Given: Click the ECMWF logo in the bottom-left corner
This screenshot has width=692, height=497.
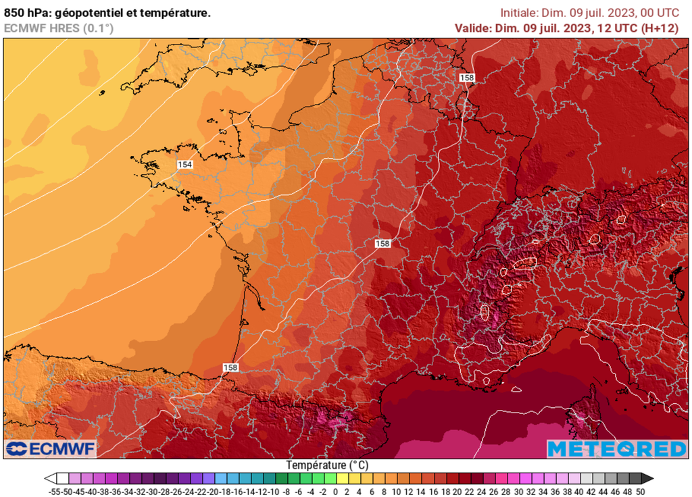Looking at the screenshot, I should coord(51,448).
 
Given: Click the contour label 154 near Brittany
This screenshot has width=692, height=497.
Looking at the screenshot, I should coord(185,165).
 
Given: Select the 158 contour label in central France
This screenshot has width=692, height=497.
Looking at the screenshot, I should coord(382,243).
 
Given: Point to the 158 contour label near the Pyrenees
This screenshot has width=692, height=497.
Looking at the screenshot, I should coord(230,367).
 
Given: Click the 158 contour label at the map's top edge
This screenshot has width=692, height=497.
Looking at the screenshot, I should coord(466,78).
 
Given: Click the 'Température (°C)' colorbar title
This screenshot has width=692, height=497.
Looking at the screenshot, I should coord(328,465).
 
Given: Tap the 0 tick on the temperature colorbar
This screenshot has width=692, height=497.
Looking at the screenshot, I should coord(336,492).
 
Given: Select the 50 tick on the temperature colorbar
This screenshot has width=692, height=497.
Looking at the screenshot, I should coord(640,492).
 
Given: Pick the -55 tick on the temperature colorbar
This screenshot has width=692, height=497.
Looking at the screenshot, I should coord(56,492).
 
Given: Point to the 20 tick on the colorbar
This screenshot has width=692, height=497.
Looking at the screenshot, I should coord(458,492).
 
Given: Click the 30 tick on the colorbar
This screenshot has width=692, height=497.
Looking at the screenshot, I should coord(518,492).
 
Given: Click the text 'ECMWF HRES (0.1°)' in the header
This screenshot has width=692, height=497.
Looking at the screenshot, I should coord(59,28).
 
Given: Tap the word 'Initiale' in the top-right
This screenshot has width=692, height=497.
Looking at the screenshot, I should coord(518,13).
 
